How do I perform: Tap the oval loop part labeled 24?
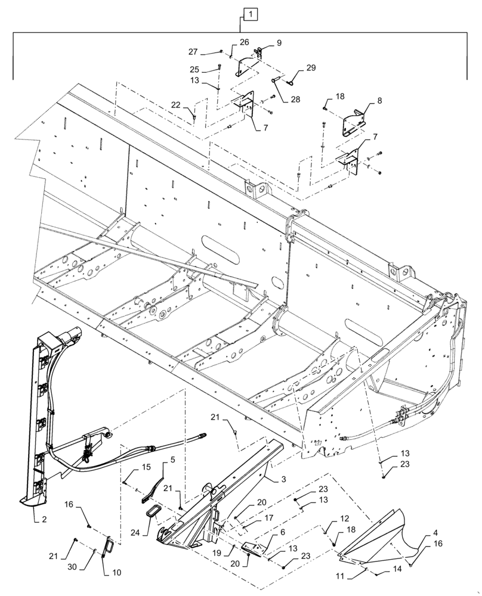tap(153, 514)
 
